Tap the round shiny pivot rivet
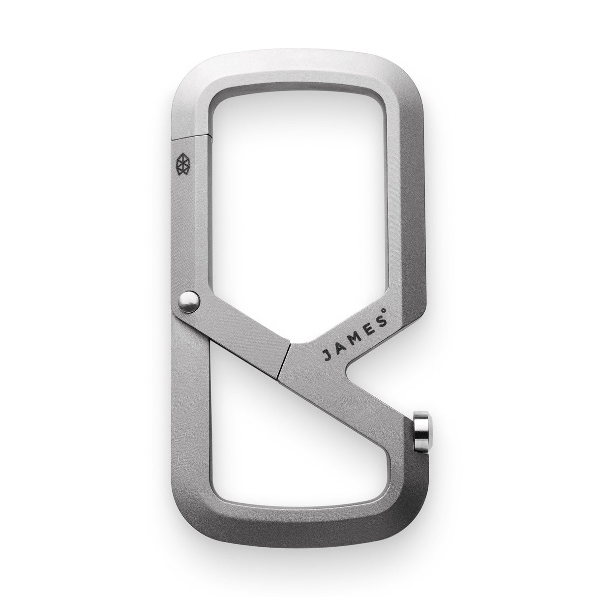pos(188,299)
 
